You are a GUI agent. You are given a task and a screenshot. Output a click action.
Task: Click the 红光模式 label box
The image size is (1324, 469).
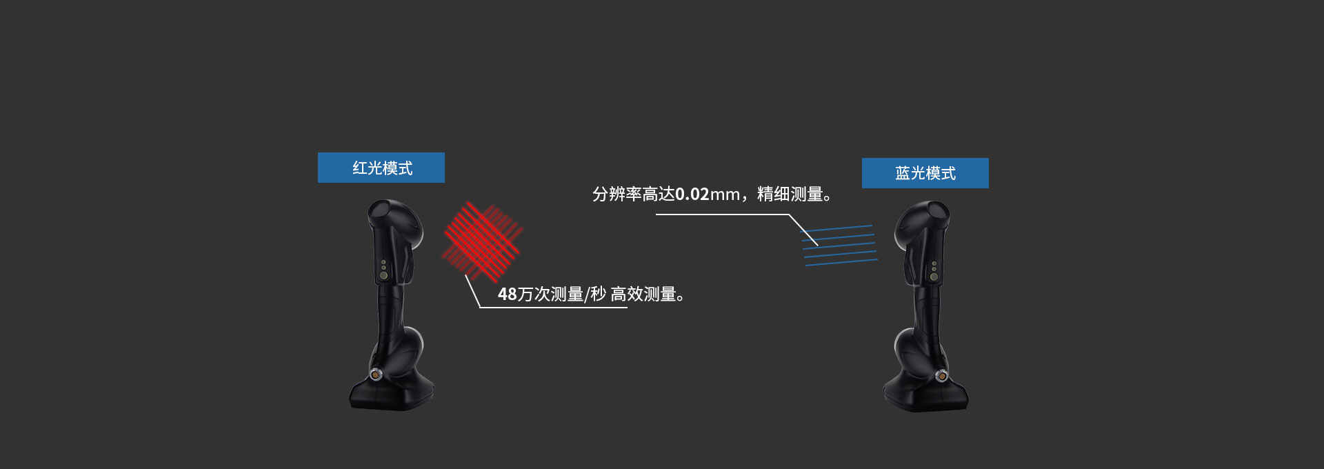(x=381, y=168)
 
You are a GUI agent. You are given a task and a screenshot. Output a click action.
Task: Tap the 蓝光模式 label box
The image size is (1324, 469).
(x=925, y=173)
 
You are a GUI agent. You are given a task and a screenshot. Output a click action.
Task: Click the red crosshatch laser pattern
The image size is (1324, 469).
(x=482, y=241)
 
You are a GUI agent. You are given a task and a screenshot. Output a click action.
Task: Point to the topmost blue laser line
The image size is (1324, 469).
(x=836, y=228)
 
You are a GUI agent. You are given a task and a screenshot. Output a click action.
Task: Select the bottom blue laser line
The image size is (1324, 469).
(x=841, y=262)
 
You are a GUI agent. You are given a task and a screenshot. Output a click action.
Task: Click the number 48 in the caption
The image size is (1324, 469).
(x=507, y=295)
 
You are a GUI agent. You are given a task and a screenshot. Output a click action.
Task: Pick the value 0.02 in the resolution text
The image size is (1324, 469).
(x=692, y=194)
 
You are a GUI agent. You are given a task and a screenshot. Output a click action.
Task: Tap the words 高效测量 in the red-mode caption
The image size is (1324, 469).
(x=643, y=295)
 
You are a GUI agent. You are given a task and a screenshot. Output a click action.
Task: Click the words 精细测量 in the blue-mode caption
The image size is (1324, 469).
(x=790, y=194)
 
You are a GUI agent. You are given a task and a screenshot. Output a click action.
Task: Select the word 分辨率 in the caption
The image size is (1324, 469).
(x=616, y=194)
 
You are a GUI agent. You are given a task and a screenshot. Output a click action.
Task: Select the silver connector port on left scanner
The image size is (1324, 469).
(x=375, y=375)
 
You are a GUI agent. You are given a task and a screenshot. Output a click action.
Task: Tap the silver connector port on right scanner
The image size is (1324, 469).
(x=941, y=376)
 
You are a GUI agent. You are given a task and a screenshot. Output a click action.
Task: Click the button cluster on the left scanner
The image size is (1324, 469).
(x=384, y=269)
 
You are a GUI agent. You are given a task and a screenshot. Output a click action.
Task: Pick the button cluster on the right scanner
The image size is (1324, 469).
(x=934, y=270)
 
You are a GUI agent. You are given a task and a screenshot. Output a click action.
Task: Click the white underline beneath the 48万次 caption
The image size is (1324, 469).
(x=553, y=307)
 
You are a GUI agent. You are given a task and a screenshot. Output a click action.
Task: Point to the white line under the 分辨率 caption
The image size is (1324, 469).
(x=722, y=214)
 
